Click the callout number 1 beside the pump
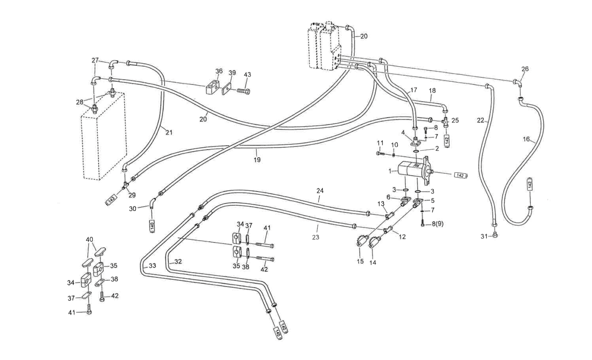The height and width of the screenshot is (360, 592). (x=390, y=171)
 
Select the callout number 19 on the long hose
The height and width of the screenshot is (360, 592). (x=257, y=160)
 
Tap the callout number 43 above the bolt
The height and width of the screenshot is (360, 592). (x=247, y=75)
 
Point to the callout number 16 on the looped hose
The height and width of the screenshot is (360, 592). (x=526, y=139)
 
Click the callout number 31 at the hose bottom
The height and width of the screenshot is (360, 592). (x=484, y=236)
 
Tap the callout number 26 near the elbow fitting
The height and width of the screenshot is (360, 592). (x=525, y=69)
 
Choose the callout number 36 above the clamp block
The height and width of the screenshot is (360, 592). (x=219, y=71)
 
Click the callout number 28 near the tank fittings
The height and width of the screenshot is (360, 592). (x=79, y=102)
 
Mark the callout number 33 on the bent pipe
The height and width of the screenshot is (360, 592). (x=152, y=266)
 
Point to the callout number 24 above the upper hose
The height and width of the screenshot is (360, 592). (x=320, y=191)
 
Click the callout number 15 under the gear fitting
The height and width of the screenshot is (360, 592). (x=360, y=261)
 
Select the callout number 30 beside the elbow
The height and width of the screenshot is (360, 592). (x=133, y=209)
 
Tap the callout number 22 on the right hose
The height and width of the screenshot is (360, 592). (x=480, y=121)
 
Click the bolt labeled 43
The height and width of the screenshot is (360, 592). (x=243, y=91)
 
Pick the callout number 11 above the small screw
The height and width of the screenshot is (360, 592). (x=380, y=143)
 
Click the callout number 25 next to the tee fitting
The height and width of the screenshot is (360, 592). (x=455, y=120)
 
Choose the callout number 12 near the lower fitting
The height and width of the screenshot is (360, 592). (x=402, y=237)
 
